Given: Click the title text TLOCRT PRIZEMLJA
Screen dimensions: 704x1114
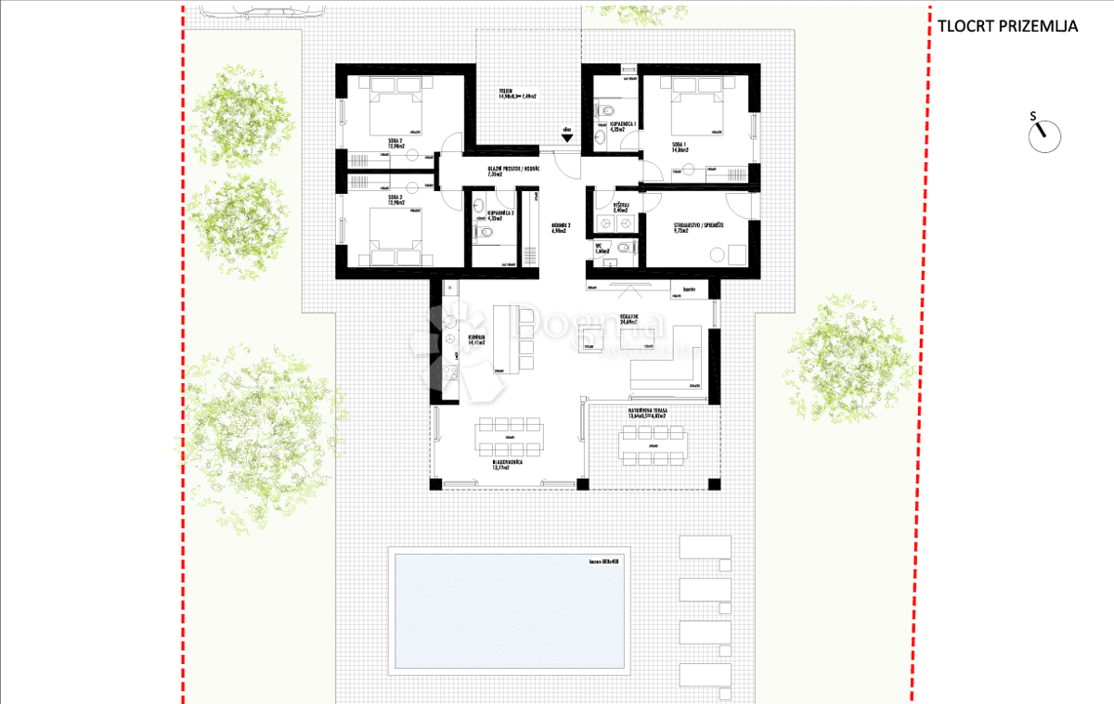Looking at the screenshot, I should pos(1007,26).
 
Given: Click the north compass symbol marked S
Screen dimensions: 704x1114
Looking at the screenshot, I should pos(1043,135).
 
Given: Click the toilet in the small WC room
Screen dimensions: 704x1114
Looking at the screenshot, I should pos(624,247).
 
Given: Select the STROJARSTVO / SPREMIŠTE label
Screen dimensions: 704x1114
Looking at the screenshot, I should pos(700,226).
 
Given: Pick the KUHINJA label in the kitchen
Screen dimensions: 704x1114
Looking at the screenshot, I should pos(477,339).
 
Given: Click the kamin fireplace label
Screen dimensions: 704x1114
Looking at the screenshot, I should pos(689,290).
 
